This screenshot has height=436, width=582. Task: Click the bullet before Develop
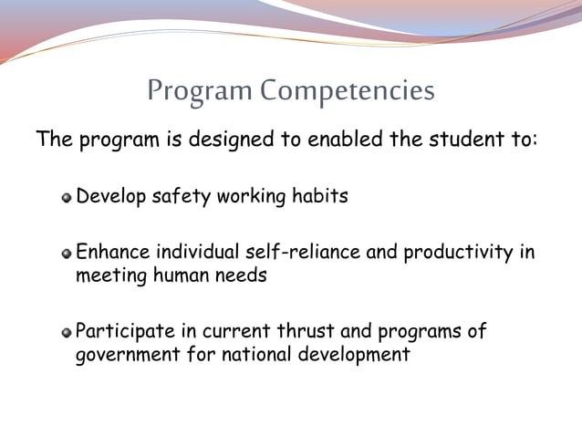point(67,197)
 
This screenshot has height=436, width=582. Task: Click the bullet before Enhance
point(67,253)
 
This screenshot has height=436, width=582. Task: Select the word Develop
point(111,196)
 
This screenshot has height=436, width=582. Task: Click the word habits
point(319,196)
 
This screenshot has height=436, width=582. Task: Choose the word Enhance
point(112,252)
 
